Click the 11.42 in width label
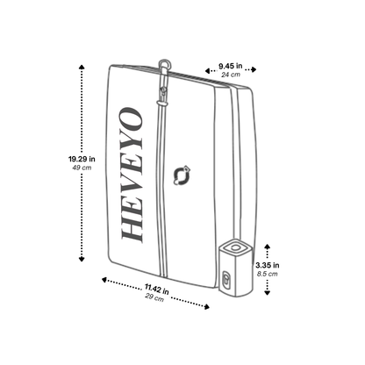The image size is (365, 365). [x=157, y=289]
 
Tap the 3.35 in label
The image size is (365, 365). [x=267, y=264]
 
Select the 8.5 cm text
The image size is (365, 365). [x=267, y=275]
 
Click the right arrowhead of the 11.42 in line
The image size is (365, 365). [x=210, y=306]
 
